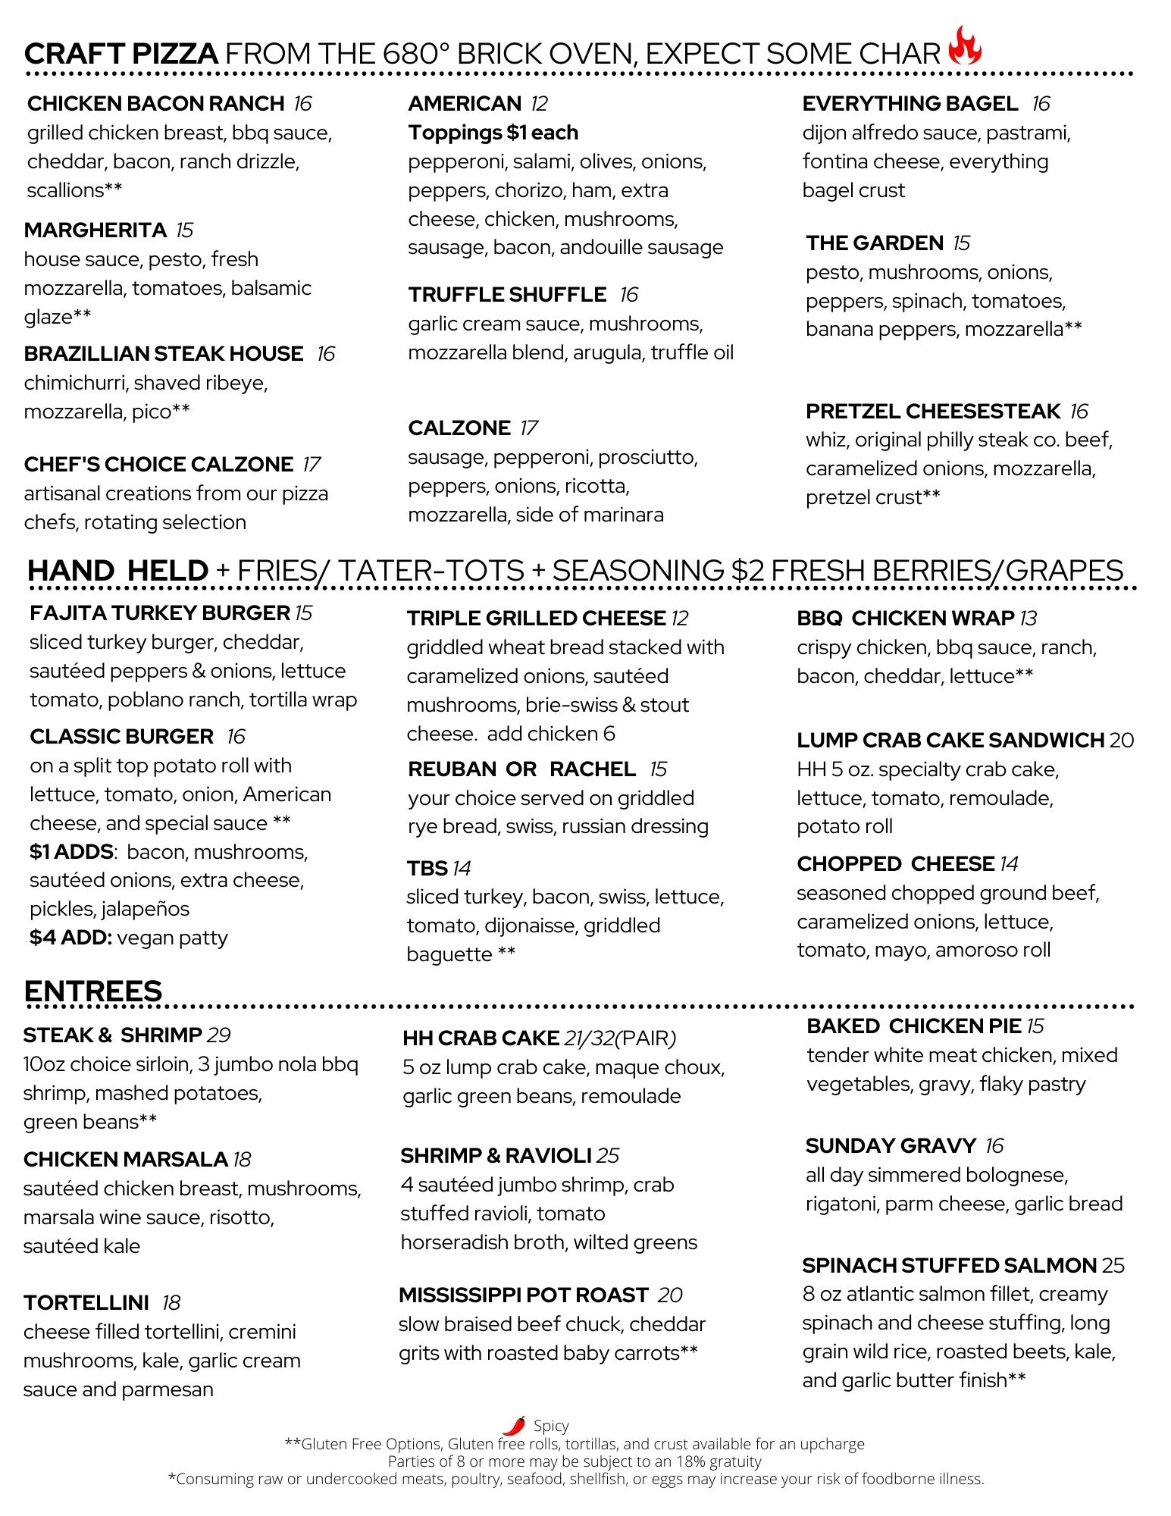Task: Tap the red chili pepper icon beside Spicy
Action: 515,1425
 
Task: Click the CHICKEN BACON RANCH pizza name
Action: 155,103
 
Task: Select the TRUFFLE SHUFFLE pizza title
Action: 507,294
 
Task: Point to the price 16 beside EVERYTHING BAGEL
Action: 1041,103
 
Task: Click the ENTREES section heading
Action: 93,991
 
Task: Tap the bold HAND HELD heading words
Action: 117,570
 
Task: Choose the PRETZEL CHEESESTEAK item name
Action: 933,411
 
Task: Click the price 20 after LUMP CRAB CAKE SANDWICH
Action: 1122,740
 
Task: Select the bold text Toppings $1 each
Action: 493,133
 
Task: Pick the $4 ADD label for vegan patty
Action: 70,938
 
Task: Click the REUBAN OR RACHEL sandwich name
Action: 521,769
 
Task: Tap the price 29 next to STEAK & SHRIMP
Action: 218,1035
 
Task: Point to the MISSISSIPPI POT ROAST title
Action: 523,1295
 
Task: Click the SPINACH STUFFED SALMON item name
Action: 949,1265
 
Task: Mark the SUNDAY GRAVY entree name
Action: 891,1145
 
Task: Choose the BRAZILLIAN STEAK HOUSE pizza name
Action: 163,353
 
